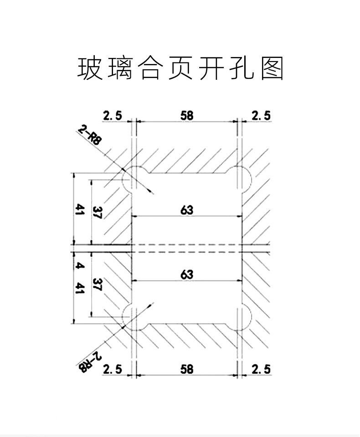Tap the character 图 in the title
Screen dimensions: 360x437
[x=272, y=68]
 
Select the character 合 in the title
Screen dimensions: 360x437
[x=150, y=68]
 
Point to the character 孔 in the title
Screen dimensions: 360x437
[x=242, y=68]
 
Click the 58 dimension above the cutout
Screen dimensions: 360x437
[x=186, y=115]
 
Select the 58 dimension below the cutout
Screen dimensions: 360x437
[x=186, y=369]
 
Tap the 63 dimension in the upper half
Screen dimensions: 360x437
[x=186, y=210]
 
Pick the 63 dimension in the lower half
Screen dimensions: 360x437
[x=186, y=275]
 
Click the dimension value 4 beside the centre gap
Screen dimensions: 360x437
[x=80, y=266]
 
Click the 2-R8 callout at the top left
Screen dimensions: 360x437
[x=88, y=135]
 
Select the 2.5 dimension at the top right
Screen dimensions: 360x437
[x=261, y=116]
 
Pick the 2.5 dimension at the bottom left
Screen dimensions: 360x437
[x=113, y=369]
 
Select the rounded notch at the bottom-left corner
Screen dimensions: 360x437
[x=123, y=317]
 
